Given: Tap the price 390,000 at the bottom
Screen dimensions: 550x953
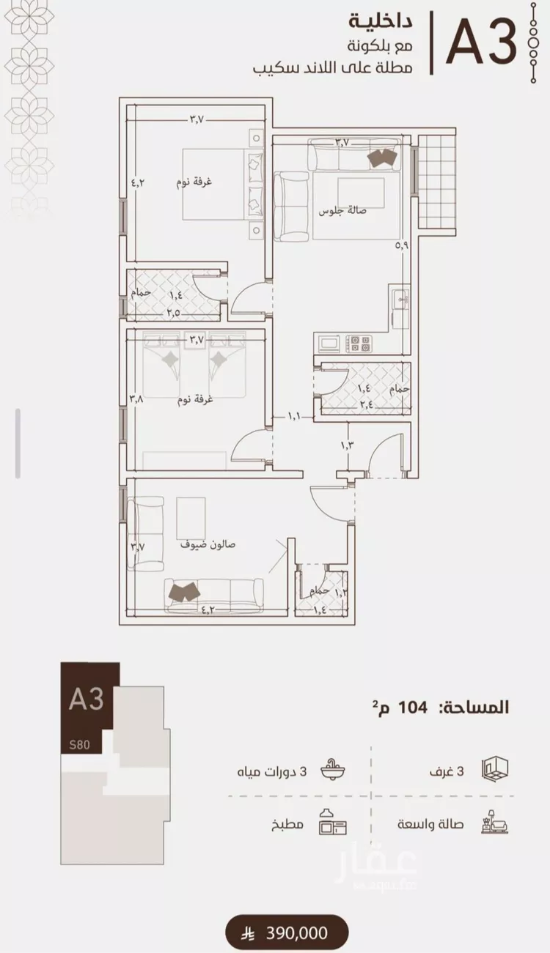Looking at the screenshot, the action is coord(297,933).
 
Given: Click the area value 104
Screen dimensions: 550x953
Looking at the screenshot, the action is coord(412,708).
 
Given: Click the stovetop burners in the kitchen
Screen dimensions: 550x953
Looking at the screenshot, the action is coord(359,344).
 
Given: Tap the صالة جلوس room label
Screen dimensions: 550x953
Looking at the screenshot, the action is coord(342,210).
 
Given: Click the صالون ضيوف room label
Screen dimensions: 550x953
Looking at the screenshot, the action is coord(208,544).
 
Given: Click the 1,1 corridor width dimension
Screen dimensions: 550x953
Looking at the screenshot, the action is coord(294,416).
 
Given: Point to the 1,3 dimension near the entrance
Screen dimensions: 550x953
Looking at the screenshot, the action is coord(347,445).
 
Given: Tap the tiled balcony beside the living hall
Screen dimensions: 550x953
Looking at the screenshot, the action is coord(437,184).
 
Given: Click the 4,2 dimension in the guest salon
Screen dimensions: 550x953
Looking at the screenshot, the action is coord(207,609).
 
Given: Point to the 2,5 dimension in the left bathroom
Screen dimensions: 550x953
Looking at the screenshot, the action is coord(173,313).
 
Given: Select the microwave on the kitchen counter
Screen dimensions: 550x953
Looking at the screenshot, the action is coord(328,343).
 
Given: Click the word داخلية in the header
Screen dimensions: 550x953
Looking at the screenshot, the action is coord(381,22).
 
